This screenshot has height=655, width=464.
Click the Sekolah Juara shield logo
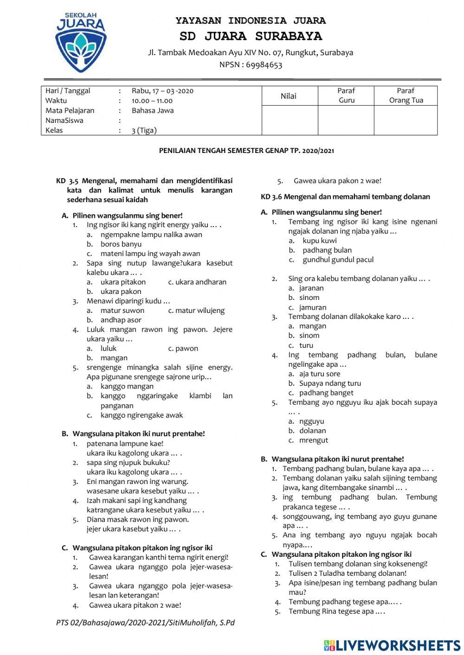click(80, 43)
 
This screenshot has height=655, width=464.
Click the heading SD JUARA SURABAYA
click(251, 36)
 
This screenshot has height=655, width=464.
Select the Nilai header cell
click(288, 96)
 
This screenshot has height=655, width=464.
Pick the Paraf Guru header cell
click(346, 95)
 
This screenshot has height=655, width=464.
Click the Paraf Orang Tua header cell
click(406, 95)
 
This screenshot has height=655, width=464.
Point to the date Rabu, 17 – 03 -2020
click(162, 91)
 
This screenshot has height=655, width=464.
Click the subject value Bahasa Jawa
click(153, 110)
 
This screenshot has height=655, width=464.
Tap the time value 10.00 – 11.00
click(152, 101)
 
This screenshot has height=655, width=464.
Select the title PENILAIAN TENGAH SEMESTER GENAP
click(246, 151)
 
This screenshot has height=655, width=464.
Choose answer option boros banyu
click(121, 244)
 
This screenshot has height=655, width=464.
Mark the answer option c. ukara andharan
click(197, 282)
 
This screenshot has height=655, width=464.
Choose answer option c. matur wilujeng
click(196, 311)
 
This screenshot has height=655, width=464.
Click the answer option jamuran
click(312, 307)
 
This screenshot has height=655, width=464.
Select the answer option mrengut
click(313, 440)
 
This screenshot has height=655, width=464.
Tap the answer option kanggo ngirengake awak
click(142, 415)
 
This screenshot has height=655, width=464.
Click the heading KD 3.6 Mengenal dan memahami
click(345, 197)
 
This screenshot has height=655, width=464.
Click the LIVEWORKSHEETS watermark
click(392, 645)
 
